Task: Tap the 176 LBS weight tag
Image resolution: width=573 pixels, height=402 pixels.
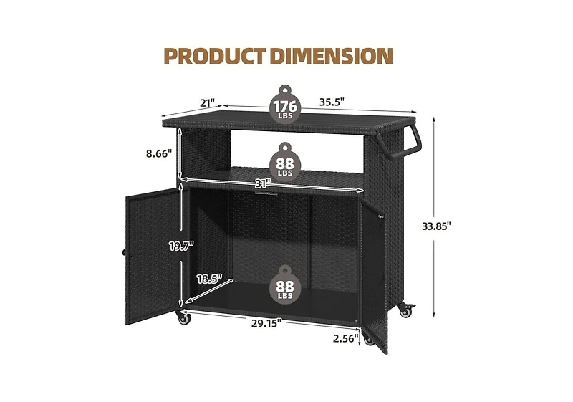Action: [x=285, y=107]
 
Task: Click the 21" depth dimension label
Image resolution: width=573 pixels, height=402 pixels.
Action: [x=208, y=103]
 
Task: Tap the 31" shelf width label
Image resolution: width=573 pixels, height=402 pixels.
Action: [x=263, y=183]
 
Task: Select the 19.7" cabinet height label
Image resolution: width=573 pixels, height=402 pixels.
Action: [x=181, y=247]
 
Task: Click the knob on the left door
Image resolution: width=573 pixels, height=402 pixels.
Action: [x=124, y=254]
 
